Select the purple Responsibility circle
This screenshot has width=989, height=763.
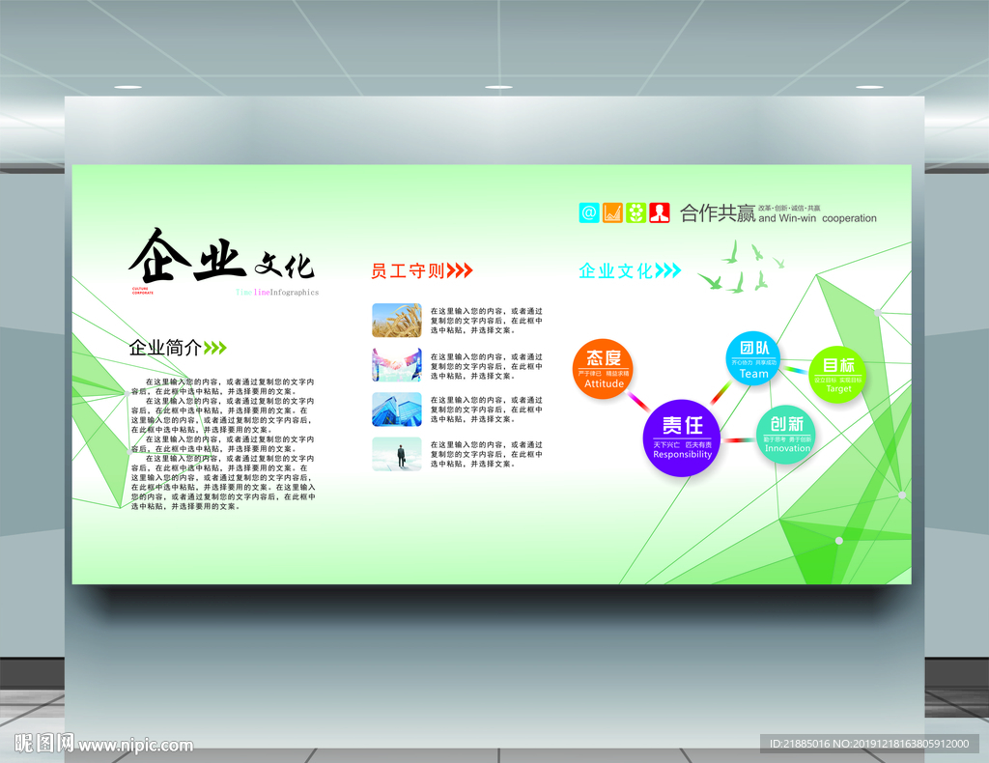click(x=682, y=438)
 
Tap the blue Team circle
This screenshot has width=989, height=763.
click(x=753, y=358)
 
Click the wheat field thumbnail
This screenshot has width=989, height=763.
click(x=397, y=321)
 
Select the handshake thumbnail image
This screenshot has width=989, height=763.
click(x=397, y=365)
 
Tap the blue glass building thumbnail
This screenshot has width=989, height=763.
click(x=397, y=410)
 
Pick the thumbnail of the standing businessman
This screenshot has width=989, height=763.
click(x=397, y=454)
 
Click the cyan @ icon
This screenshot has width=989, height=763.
click(x=589, y=212)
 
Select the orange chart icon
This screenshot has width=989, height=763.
click(x=612, y=212)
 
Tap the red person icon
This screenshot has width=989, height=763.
click(x=660, y=212)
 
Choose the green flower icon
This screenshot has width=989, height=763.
click(x=636, y=212)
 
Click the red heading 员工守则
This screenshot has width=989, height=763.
click(x=408, y=270)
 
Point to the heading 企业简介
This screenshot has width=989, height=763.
click(x=165, y=348)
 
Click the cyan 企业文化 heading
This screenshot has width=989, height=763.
click(x=616, y=271)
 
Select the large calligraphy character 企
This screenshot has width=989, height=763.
click(x=159, y=256)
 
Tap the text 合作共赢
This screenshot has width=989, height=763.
click(x=717, y=213)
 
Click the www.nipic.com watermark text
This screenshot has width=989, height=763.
click(x=135, y=746)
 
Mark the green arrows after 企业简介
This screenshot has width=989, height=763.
click(x=215, y=348)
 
